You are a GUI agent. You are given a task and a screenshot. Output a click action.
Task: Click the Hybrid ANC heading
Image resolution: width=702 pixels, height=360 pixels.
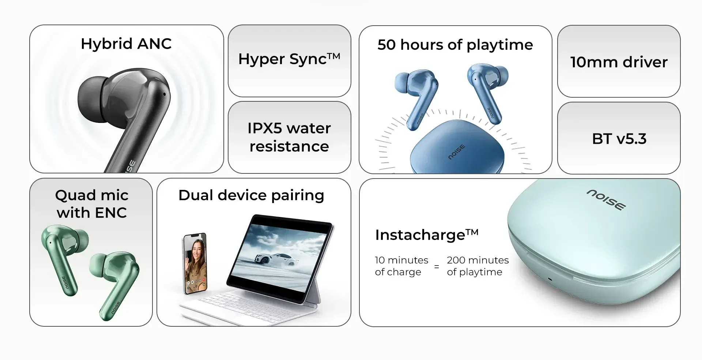pos(126,44)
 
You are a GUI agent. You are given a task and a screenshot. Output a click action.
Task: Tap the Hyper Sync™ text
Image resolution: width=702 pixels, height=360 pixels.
pos(289,59)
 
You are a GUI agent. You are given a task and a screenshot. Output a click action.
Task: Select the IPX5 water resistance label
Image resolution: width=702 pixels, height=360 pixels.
pos(289,137)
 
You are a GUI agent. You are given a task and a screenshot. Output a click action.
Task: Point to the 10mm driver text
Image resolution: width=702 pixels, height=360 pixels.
pos(619,62)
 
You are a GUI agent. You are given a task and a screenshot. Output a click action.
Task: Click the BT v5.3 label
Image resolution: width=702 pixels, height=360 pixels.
pos(619,139)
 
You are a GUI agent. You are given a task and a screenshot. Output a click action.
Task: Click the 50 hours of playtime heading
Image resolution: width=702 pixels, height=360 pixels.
pos(455,45)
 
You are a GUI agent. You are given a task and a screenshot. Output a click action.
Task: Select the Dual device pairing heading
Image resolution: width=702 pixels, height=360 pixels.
pos(251,195)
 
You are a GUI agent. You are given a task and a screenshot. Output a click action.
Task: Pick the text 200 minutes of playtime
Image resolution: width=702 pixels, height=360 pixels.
pos(478,266)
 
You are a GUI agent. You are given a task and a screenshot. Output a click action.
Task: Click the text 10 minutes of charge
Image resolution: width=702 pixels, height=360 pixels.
pos(401,266)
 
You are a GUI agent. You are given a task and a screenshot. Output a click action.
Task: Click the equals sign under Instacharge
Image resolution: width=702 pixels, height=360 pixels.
pos(437,267)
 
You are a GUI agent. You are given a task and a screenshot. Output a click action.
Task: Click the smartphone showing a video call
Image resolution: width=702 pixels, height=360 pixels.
pos(195,263)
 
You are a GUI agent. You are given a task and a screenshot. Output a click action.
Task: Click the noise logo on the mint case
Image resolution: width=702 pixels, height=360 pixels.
pos(606,200)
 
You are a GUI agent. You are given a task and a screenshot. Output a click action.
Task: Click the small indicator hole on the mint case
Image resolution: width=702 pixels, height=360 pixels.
pos(550,279)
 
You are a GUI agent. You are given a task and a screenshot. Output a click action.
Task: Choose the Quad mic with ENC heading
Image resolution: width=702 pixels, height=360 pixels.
pos(91,204)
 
